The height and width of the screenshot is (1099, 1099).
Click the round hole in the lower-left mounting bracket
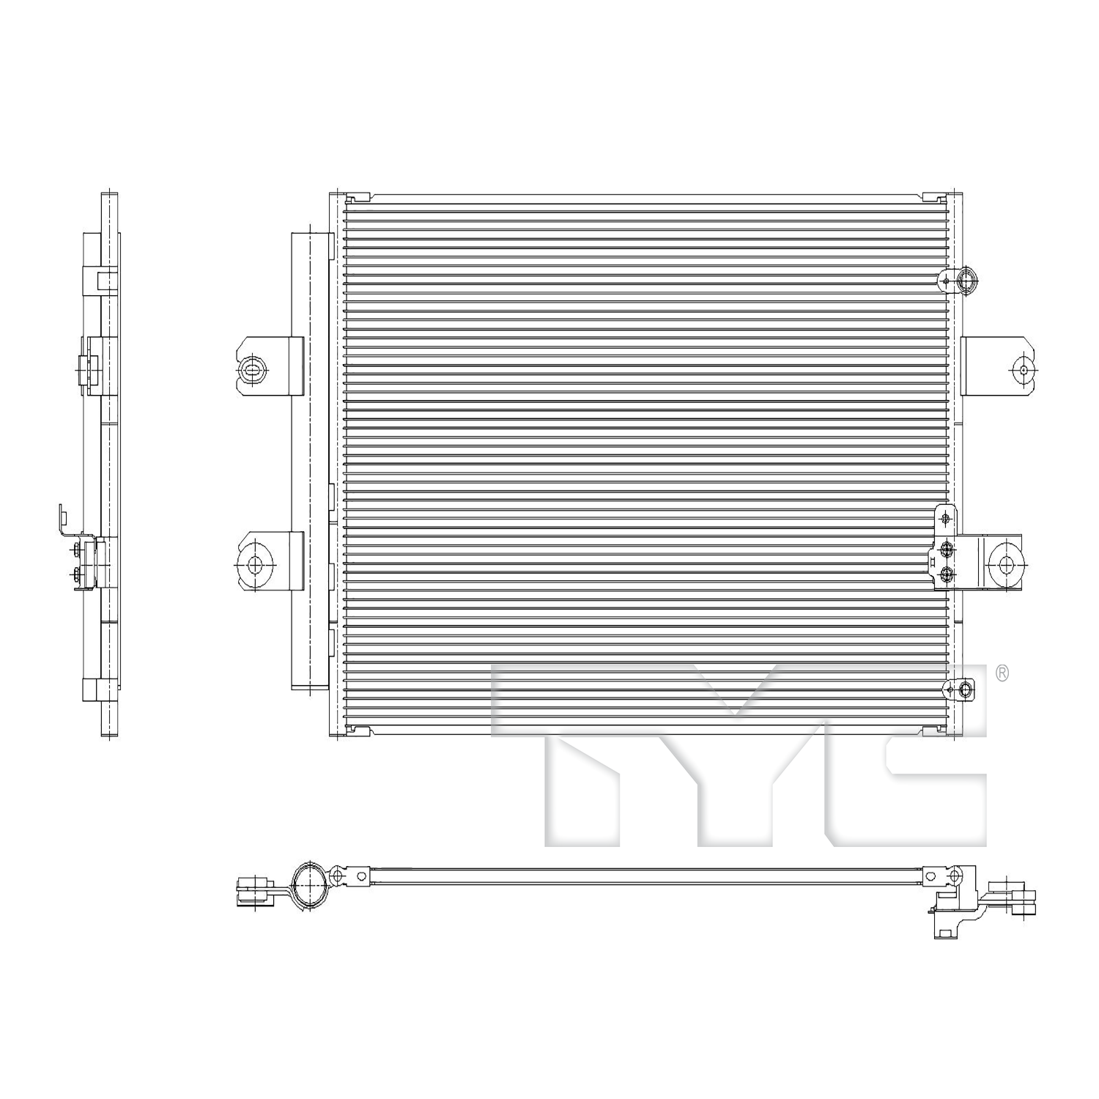point(255,564)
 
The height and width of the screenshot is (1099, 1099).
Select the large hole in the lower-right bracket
point(1005,564)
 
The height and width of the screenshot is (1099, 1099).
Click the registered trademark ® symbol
point(1002,673)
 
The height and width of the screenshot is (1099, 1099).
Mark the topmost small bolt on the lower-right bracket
point(946,519)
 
